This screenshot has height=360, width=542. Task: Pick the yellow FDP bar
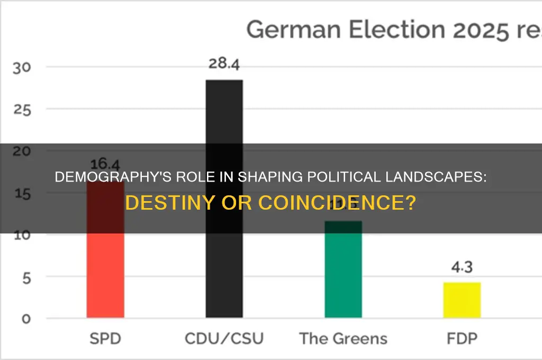click(462, 300)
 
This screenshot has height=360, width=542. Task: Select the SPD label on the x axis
click(105, 338)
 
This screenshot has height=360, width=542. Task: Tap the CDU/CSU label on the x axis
click(224, 338)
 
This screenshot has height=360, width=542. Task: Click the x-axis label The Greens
click(343, 338)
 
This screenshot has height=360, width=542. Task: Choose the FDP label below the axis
click(462, 338)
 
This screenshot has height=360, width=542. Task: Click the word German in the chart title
click(286, 29)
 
